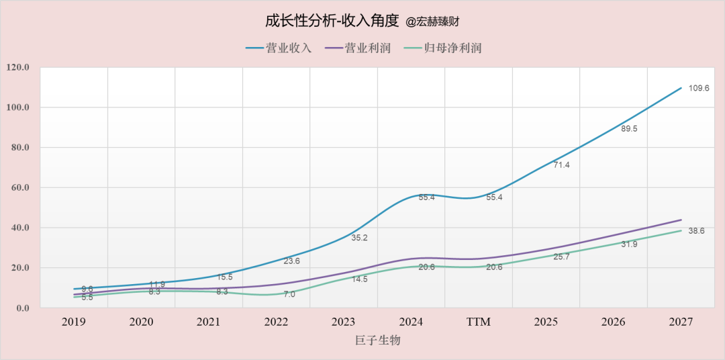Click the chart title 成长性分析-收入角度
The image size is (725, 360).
(x=332, y=21)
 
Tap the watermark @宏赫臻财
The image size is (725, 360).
(x=432, y=22)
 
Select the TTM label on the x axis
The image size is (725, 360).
(x=479, y=322)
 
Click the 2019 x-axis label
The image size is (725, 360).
(x=74, y=322)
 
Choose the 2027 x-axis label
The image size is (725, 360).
(x=681, y=322)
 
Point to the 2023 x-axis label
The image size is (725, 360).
(x=344, y=322)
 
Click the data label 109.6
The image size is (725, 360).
(x=699, y=88)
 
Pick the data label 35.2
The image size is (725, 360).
(x=359, y=238)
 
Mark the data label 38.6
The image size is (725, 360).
(x=696, y=231)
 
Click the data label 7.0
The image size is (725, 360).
(x=289, y=294)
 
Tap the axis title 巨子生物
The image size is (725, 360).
(x=377, y=341)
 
